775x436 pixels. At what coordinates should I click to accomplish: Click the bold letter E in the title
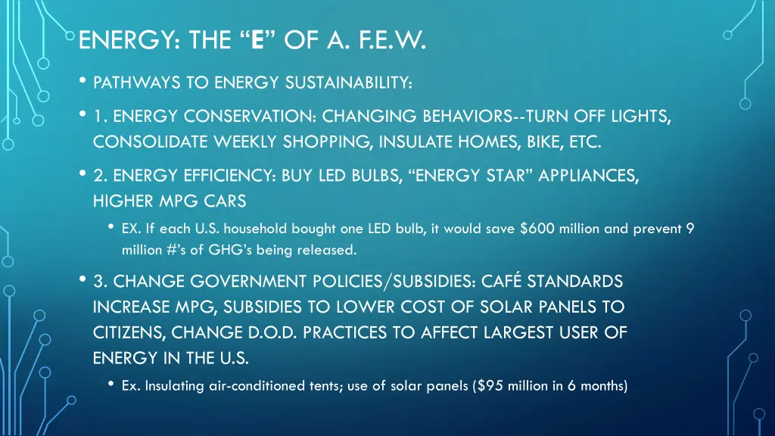click(257, 38)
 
